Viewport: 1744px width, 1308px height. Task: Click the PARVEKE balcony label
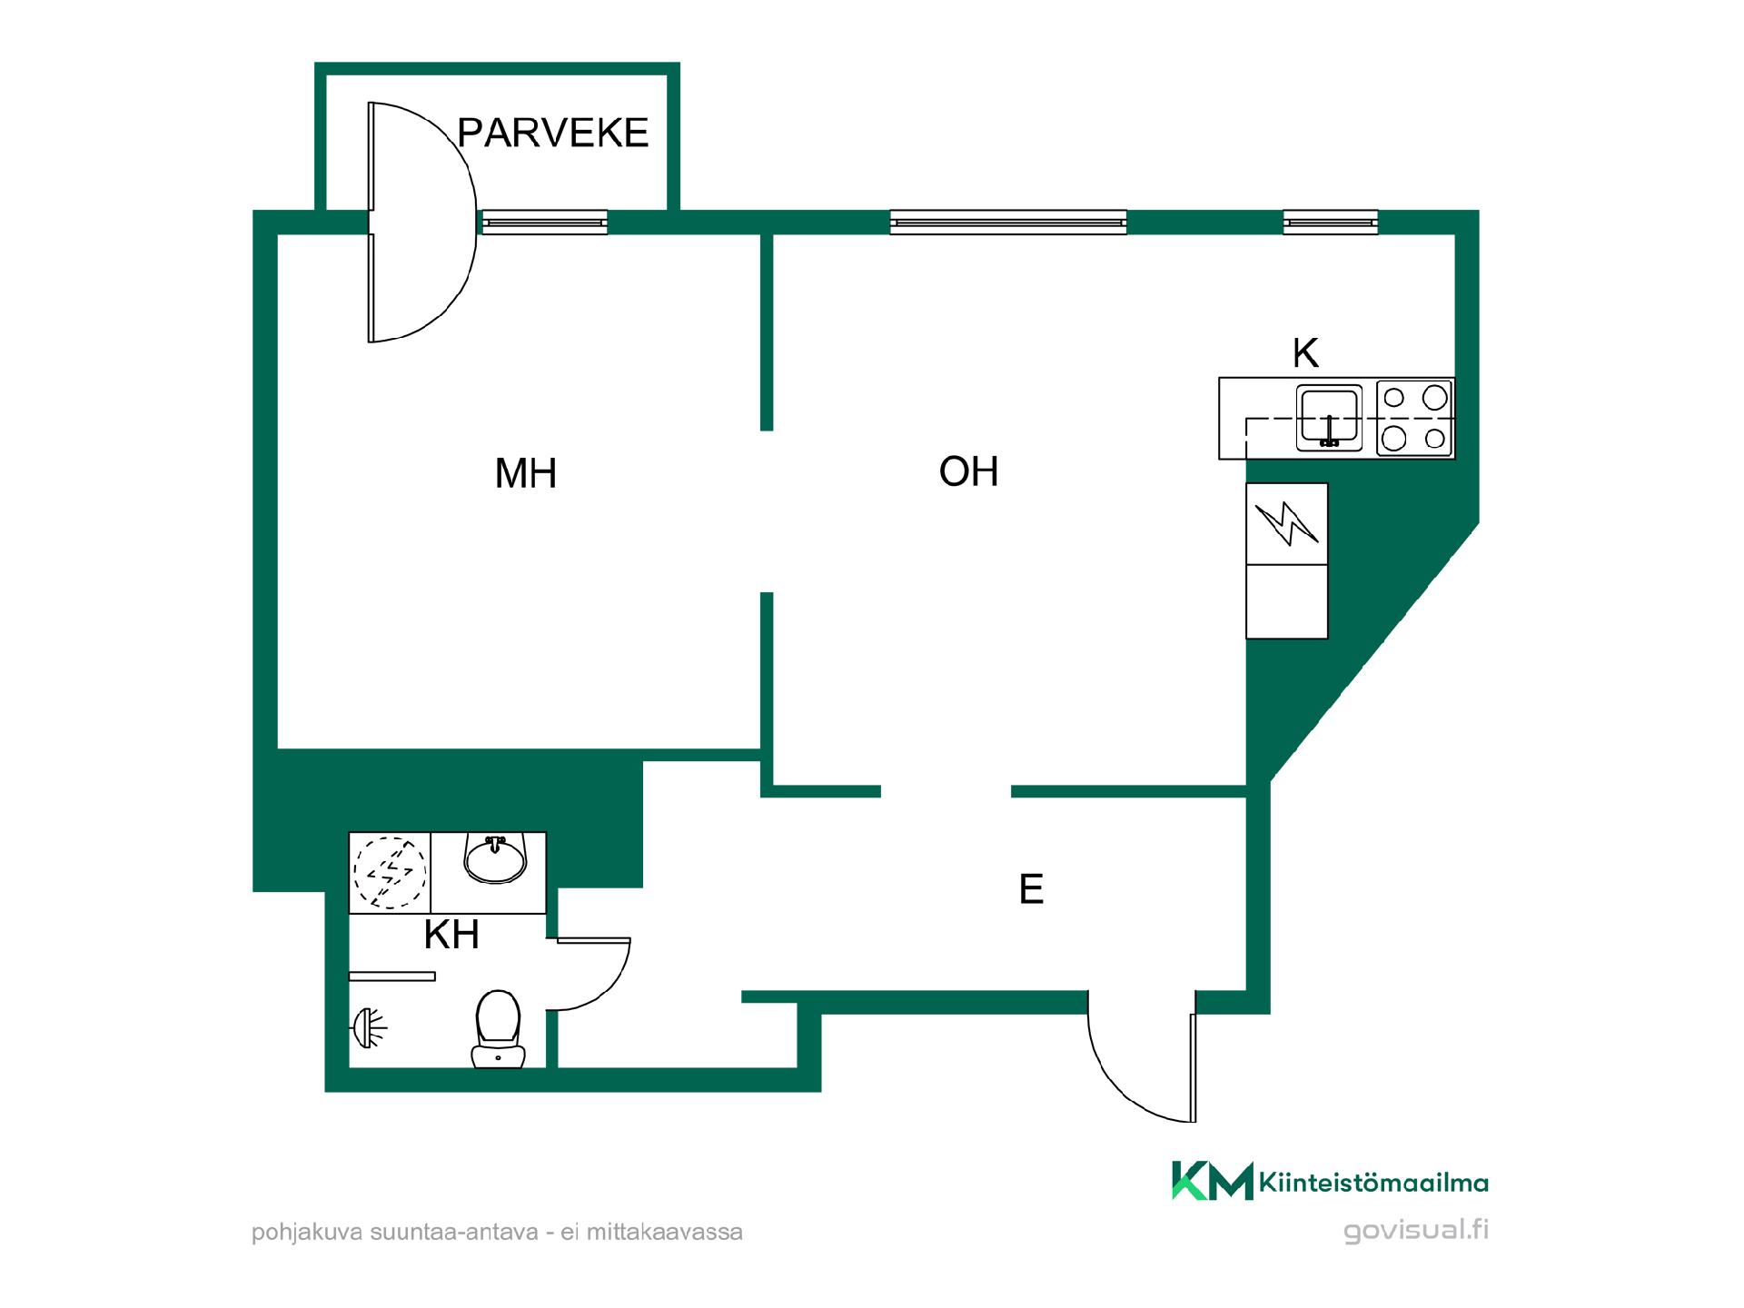tap(552, 133)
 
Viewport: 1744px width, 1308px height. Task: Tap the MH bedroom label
tap(525, 473)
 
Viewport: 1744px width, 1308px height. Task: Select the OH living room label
tap(968, 471)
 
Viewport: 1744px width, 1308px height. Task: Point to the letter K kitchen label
tap(1305, 352)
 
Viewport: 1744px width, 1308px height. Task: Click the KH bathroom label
tap(451, 935)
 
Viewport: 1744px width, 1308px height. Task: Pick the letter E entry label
tap(1031, 889)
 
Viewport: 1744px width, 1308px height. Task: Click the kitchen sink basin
tap(1329, 418)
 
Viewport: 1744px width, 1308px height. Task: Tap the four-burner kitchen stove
tap(1414, 418)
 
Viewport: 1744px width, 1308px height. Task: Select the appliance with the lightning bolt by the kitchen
tap(1286, 524)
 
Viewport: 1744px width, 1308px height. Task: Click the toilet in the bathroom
tap(498, 1028)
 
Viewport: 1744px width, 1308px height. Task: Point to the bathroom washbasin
tap(495, 859)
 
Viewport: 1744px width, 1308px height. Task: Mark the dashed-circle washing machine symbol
tap(390, 872)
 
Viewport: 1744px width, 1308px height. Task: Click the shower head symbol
tap(368, 1027)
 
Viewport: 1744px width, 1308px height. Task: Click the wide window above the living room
tap(1008, 223)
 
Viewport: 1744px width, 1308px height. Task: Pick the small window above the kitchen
tap(1330, 223)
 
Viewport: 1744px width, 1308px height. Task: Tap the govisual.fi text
tap(1416, 1231)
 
